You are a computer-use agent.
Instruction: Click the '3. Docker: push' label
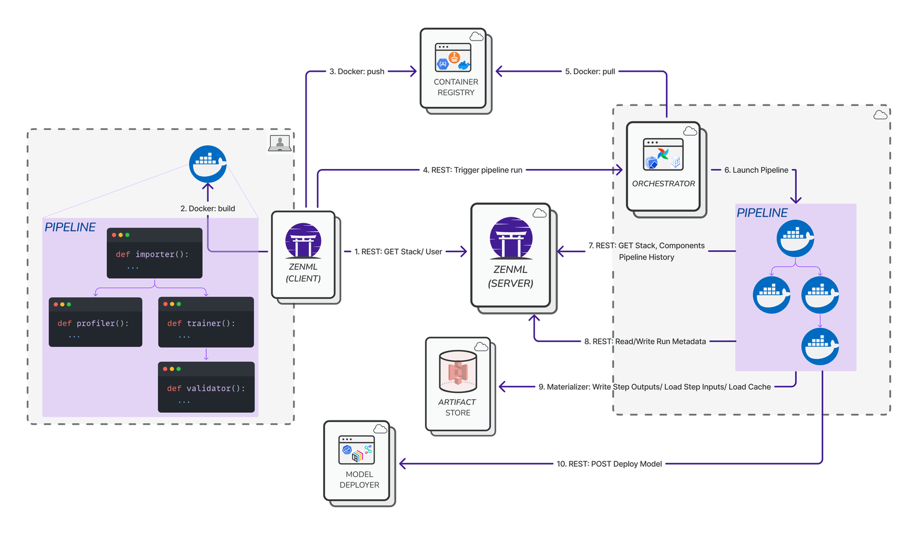[x=357, y=72]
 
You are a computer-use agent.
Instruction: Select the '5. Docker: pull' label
[x=590, y=72]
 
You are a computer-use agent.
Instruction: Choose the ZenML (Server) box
[x=510, y=256]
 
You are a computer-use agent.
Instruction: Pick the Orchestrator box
[x=663, y=167]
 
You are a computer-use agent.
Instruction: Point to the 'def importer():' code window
[x=154, y=253]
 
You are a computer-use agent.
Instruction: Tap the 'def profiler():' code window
[x=96, y=322]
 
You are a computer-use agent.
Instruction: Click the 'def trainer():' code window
[x=206, y=322]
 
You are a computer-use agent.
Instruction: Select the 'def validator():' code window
[x=206, y=387]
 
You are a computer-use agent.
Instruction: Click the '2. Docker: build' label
[x=207, y=208]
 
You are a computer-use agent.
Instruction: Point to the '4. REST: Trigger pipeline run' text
[x=472, y=170]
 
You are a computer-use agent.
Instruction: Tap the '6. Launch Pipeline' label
[x=756, y=170]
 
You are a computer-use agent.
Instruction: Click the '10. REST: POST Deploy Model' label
[x=609, y=464]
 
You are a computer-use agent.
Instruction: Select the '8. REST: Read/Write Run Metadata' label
[x=645, y=342]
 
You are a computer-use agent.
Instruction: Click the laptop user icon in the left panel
[x=280, y=143]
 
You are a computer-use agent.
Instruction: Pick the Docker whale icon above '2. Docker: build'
[x=207, y=164]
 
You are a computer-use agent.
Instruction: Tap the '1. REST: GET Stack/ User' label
[x=398, y=252]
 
